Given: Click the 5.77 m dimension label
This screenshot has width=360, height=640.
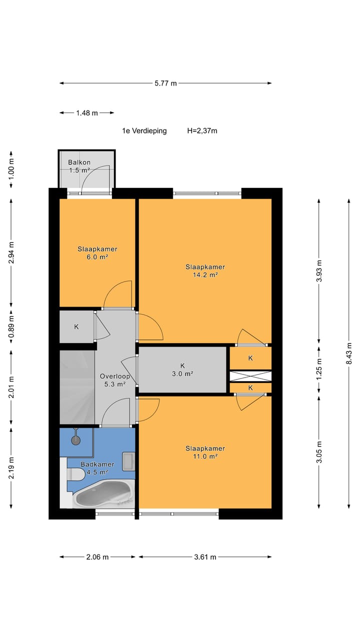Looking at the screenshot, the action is pos(165,83).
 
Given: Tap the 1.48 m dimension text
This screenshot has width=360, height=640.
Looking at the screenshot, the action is pos(87,113).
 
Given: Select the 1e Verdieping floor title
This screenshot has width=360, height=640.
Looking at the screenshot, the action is pos(144,131).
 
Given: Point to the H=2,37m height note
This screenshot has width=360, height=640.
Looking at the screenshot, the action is pos(202,131).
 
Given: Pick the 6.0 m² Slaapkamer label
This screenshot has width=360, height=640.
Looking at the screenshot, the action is pos(97,253).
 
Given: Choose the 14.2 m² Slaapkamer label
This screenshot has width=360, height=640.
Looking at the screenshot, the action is pos(205,271).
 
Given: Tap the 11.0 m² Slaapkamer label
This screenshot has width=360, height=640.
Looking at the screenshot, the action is pos(205,452).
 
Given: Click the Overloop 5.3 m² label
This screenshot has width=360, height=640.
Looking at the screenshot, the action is pos(115,380).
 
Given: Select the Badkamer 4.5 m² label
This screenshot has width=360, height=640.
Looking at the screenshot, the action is pos(97,468).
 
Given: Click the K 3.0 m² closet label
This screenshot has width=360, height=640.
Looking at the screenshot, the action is pos(182,369).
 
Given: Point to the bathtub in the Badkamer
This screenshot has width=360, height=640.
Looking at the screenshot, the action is pos(103,494).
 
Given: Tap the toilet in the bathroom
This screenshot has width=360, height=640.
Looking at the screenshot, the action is pos(75,474).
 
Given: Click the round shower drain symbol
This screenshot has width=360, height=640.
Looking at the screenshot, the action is pos(75,440).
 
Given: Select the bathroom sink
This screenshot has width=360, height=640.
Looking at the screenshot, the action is pos(128,461).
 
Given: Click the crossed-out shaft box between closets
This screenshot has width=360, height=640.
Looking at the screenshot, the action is pos(250,375).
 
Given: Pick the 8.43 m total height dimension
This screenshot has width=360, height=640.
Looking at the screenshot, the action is pos(349,353).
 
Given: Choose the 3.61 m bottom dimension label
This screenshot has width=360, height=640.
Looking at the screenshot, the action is pos(205,557).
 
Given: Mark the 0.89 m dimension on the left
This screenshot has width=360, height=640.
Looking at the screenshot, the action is pos(11,326).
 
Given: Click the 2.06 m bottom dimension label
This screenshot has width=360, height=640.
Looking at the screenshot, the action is pos(97,557).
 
